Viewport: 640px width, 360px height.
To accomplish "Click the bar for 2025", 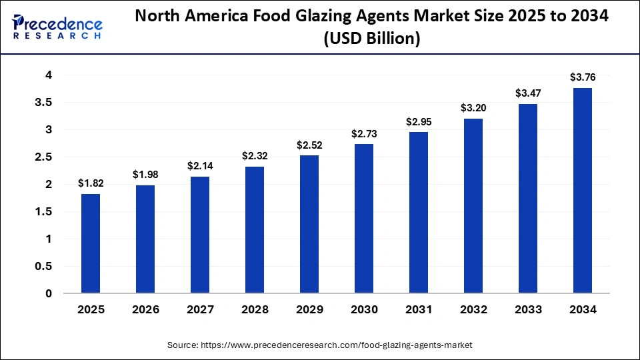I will click(x=91, y=243).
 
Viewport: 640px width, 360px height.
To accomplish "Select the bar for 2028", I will click(x=255, y=230).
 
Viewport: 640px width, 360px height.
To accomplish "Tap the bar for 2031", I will click(x=418, y=213).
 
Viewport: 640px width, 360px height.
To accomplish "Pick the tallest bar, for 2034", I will click(x=581, y=191).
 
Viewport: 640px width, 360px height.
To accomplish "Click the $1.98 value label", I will click(x=145, y=175).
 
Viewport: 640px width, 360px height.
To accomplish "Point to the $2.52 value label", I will click(x=309, y=145).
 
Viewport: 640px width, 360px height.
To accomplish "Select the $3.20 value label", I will click(x=473, y=108).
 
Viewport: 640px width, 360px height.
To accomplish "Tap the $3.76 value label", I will click(x=582, y=77).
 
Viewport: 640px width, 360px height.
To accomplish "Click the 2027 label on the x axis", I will click(x=200, y=310).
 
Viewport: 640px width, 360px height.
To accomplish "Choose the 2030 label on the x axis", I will click(x=363, y=310).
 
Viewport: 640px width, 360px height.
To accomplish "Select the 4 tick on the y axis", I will click(x=49, y=75).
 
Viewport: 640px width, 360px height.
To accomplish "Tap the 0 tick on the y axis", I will click(x=49, y=293).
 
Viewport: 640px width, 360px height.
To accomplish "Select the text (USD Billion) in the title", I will click(x=371, y=40).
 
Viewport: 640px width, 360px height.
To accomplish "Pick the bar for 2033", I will click(x=527, y=199).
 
